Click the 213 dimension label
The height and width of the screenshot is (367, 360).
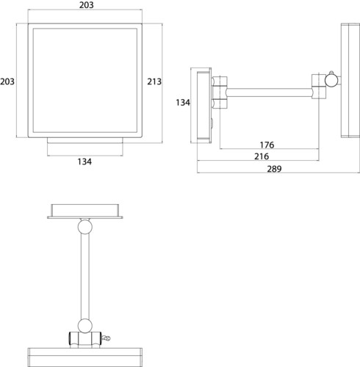point(154,81)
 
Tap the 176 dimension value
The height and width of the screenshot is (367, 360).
point(267,145)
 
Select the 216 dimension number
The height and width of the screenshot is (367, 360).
point(262,156)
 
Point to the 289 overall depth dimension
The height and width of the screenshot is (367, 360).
point(274,169)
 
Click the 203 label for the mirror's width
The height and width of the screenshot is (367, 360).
point(87,5)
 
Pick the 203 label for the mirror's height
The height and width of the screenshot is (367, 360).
point(7,81)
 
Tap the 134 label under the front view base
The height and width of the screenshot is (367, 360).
point(84,161)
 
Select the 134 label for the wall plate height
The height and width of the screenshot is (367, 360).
point(183,103)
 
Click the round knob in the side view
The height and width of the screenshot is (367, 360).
point(331,80)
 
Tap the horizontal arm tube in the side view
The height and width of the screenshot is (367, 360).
point(270,92)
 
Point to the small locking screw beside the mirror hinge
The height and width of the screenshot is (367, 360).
point(106,338)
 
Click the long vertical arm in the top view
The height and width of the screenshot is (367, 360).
point(85,277)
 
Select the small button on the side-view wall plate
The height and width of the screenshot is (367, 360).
point(211,123)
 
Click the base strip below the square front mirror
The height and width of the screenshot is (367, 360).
point(85,140)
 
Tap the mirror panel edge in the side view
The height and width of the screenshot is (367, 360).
point(350,81)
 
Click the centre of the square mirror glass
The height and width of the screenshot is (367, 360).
point(85,81)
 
